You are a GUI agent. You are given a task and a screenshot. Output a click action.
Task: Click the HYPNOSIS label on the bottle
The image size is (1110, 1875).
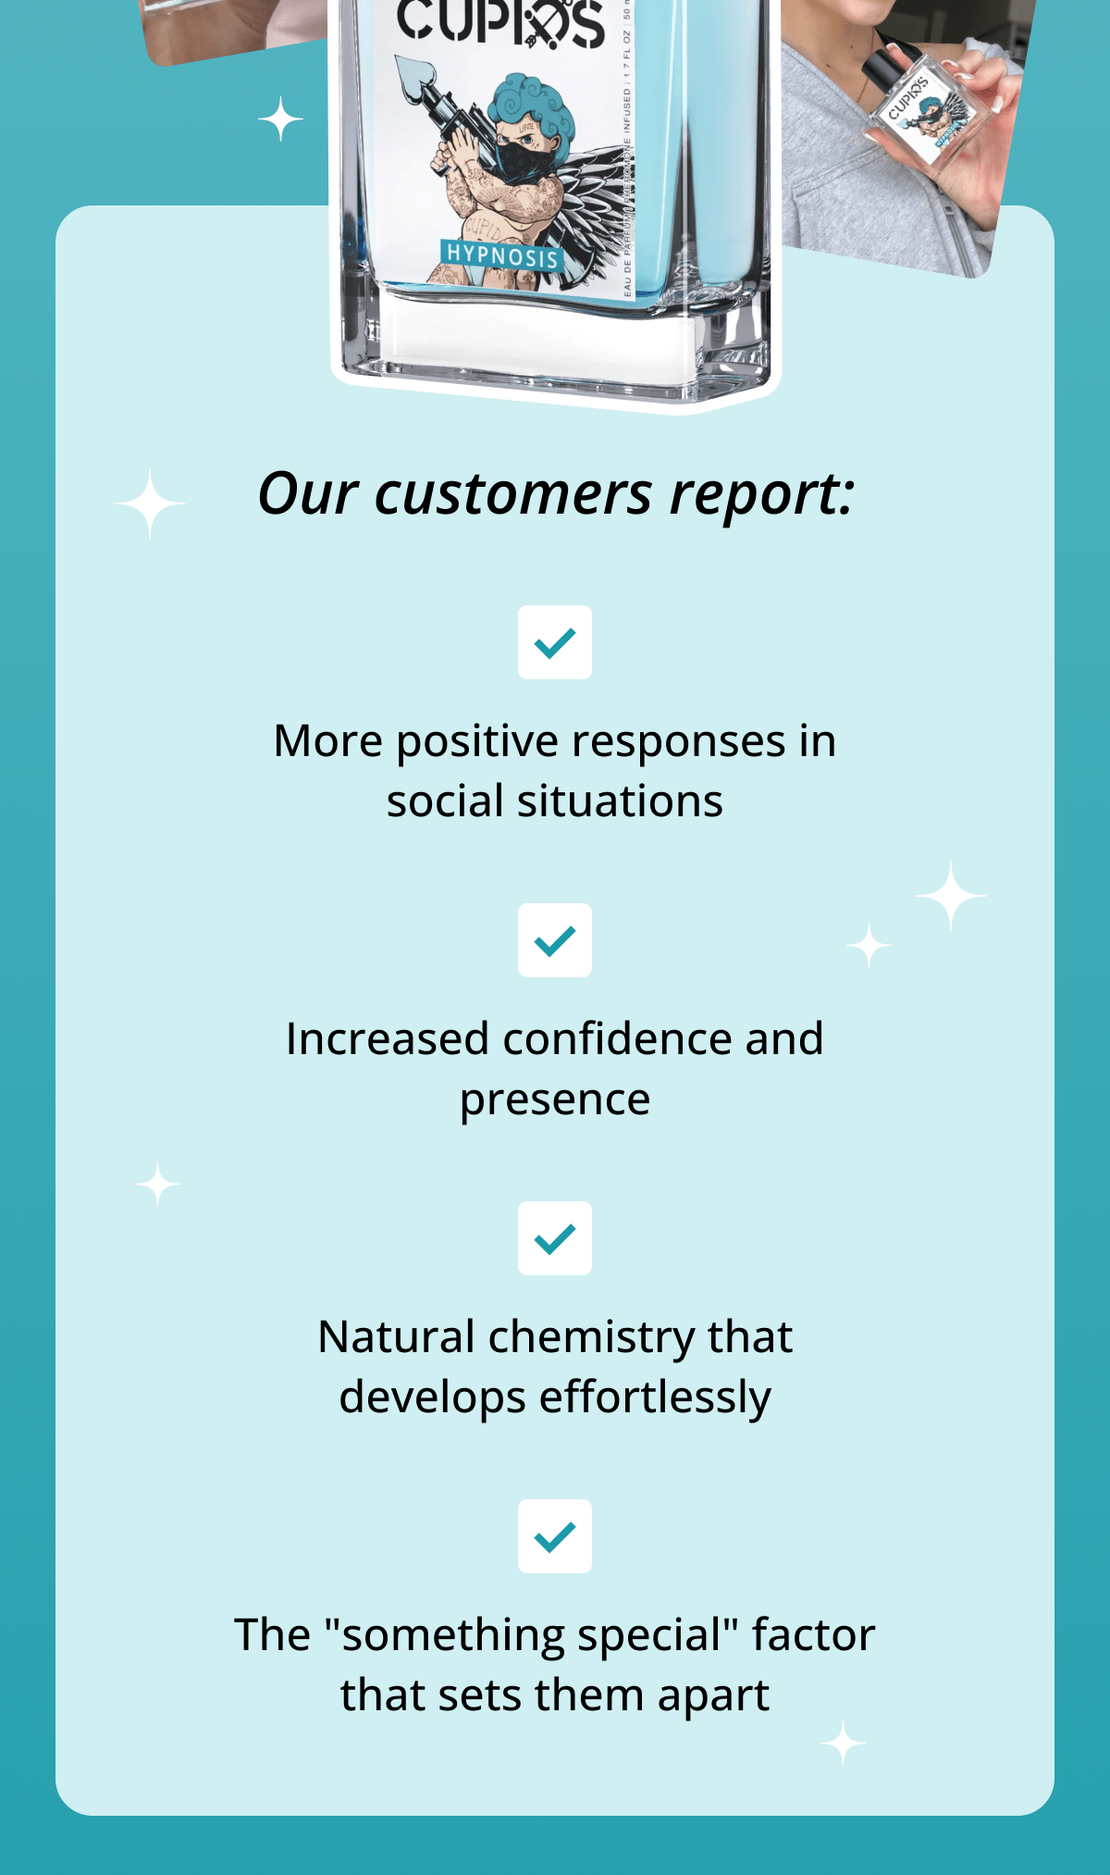[502, 255]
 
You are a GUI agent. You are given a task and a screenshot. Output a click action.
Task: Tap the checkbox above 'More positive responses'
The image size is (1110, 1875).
[555, 642]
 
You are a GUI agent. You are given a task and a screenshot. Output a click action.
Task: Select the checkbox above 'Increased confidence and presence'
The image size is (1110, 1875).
[555, 940]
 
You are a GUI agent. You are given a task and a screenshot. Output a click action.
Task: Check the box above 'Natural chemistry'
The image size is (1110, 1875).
[555, 1238]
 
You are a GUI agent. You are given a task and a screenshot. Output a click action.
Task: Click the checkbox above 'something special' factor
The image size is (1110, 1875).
[555, 1536]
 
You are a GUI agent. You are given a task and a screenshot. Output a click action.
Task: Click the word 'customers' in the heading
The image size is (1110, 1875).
[513, 494]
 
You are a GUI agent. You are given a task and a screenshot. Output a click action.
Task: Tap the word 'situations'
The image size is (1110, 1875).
[620, 801]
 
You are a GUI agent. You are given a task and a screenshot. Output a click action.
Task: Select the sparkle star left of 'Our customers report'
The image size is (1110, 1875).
[150, 503]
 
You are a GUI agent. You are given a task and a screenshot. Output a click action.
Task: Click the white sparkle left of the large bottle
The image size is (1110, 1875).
[280, 119]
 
